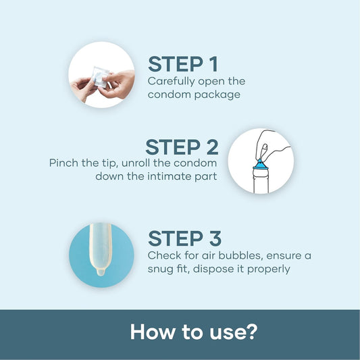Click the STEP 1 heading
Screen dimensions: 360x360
(x=183, y=64)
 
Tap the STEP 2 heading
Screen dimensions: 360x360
(x=182, y=147)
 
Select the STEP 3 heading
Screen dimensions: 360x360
(x=184, y=238)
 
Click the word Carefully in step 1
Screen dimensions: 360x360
(x=171, y=82)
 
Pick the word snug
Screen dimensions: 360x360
(x=160, y=269)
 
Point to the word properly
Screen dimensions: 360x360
(x=268, y=269)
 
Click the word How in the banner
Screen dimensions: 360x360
(x=153, y=332)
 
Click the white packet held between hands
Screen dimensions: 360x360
(x=100, y=77)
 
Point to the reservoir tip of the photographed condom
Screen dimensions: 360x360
(x=101, y=272)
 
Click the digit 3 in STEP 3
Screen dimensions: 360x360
(x=215, y=238)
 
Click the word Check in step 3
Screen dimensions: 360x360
(x=163, y=255)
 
